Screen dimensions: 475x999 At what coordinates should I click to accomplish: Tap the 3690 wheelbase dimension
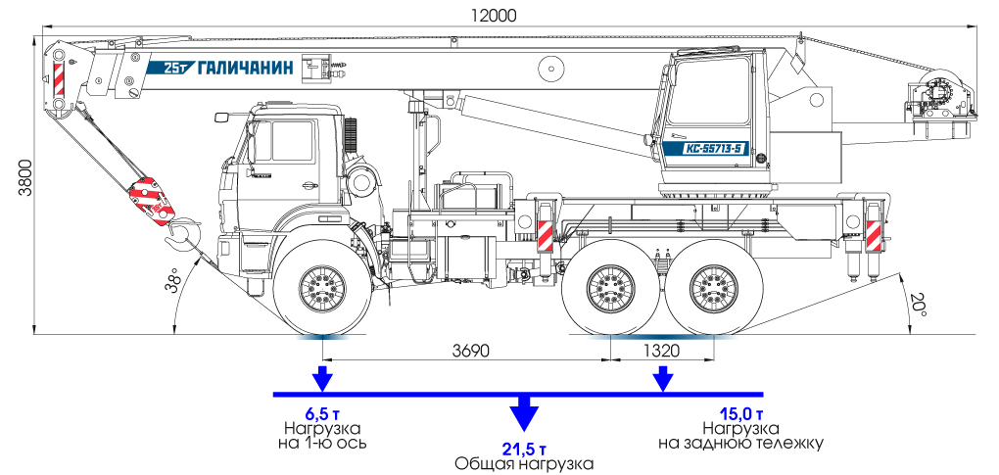468,349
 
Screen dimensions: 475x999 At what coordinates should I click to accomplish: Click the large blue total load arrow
525,412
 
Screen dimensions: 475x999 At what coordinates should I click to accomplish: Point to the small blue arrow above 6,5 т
322,378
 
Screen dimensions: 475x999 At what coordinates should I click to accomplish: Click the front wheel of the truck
322,287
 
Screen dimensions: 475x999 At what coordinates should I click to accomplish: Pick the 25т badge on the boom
175,69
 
